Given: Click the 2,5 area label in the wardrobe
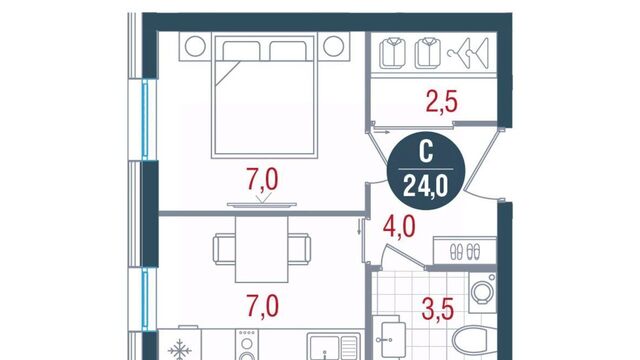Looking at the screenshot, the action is tap(442, 102).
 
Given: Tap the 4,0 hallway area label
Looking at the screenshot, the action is tap(399, 227).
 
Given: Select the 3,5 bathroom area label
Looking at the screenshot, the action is tap(438, 309).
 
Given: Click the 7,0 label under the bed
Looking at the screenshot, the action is tap(262, 180).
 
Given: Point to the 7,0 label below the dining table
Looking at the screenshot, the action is tap(262, 307).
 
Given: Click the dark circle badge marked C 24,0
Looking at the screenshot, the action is tap(426, 171).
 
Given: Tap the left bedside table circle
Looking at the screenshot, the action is tap(195, 46).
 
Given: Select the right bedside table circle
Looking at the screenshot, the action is tap(333, 46).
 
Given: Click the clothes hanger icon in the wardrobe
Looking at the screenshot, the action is tap(468, 53).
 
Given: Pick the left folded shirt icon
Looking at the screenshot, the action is tap(393, 53).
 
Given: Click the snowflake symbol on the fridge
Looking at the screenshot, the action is tap(180, 350).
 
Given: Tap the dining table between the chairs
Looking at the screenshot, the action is tap(262, 249).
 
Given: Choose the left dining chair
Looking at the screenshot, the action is tap(224, 249).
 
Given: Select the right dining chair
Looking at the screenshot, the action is tap(299, 249).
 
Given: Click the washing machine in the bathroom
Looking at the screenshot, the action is tap(482, 293).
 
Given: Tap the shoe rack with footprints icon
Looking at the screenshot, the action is tap(465, 251).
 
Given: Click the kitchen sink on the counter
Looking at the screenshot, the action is tap(333, 348).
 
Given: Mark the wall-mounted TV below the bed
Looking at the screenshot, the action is tap(262, 205).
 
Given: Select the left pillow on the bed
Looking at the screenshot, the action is tap(241, 51).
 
